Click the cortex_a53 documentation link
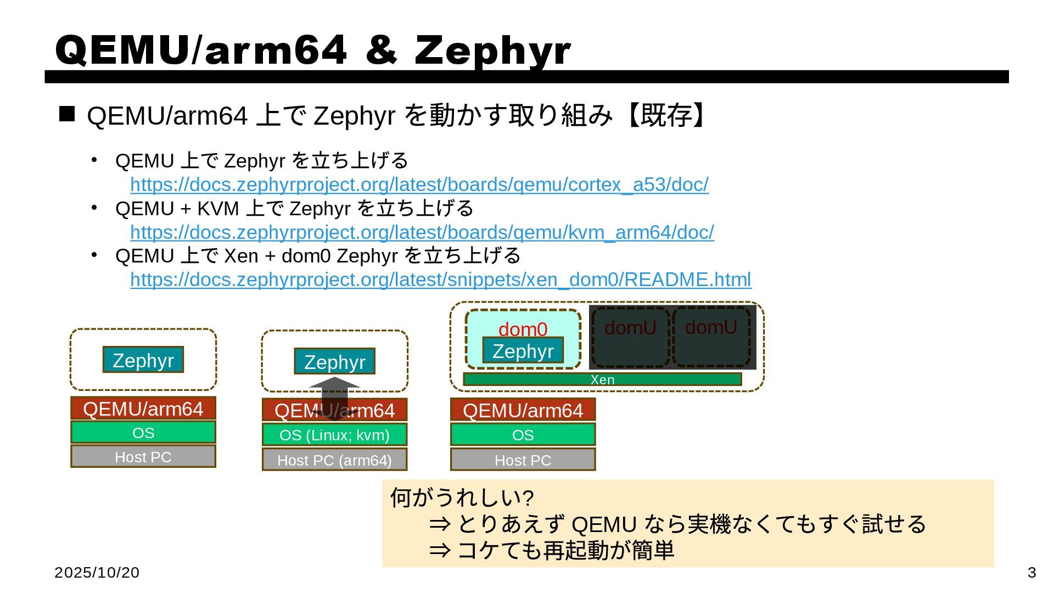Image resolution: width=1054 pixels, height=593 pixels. (x=419, y=185)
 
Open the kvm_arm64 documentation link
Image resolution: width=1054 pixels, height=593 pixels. (x=422, y=233)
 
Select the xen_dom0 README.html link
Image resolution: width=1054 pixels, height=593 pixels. (x=440, y=280)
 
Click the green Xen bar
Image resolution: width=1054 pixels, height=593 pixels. (x=602, y=379)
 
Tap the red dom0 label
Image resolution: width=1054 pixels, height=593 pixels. (x=523, y=329)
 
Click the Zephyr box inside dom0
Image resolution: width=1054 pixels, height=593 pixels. (x=523, y=351)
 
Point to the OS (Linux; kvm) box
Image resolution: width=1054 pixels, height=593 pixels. (x=334, y=435)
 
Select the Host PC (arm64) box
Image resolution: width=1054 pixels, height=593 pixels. (x=334, y=460)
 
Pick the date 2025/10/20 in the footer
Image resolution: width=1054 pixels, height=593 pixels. (x=97, y=573)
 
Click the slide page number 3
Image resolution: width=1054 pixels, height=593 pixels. (x=1031, y=573)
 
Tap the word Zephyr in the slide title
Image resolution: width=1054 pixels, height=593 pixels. (x=492, y=51)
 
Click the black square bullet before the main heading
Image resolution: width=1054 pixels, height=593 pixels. (x=67, y=114)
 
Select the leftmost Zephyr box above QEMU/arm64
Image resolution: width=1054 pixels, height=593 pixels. (x=143, y=360)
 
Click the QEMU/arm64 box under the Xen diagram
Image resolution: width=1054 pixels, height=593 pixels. (x=523, y=410)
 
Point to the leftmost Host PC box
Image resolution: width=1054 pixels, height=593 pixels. (x=143, y=457)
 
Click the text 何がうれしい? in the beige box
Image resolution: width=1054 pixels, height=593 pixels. (x=462, y=498)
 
